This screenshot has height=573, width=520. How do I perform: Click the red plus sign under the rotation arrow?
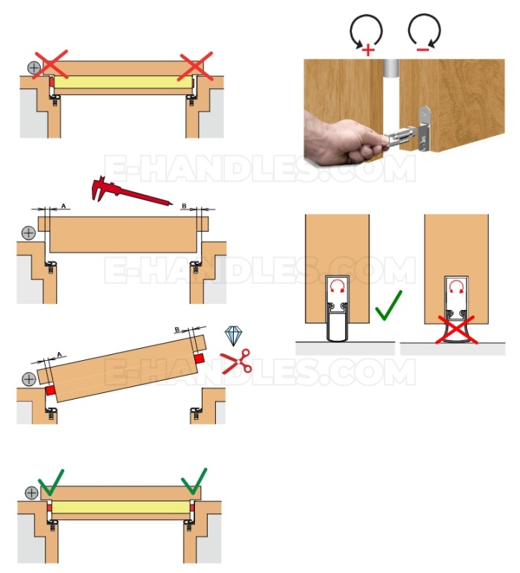point(368,50)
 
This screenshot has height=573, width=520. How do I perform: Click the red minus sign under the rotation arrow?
point(423,50)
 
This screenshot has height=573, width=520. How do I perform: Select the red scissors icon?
point(236,362)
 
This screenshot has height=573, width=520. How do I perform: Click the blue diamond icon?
point(233,336)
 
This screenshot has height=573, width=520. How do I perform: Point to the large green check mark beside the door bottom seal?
point(389,306)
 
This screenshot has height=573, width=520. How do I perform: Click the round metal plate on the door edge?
point(424,116)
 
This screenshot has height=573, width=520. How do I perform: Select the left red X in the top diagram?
point(50,64)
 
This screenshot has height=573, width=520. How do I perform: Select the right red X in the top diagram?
point(195,66)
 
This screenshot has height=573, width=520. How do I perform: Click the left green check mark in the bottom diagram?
point(51,483)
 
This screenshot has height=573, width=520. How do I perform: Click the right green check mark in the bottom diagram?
point(194,481)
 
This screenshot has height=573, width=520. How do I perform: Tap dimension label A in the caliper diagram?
point(64,206)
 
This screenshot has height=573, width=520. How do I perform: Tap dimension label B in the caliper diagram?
point(185,206)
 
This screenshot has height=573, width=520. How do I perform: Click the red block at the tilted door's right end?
point(199,358)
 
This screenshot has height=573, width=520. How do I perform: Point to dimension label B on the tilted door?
point(177,329)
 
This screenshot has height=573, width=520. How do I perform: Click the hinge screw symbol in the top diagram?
point(34,67)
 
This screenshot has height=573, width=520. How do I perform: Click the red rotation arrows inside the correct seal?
point(337,286)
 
